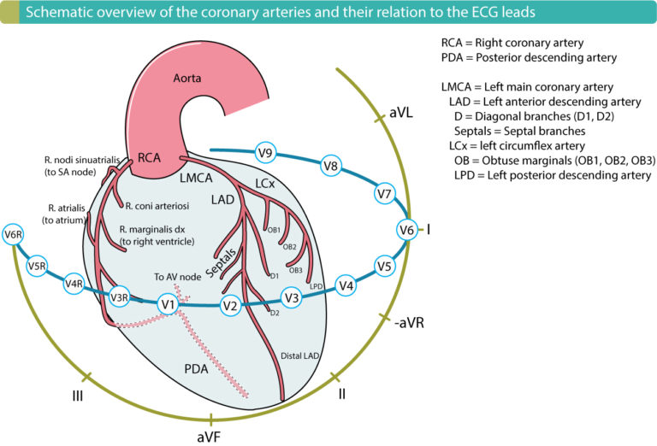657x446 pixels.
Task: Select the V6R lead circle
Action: click(x=13, y=235)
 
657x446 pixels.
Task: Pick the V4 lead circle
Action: click(x=345, y=285)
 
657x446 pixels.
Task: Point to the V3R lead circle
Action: click(x=120, y=296)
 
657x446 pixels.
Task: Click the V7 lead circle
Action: click(x=384, y=195)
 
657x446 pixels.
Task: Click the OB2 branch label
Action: click(x=289, y=247)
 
